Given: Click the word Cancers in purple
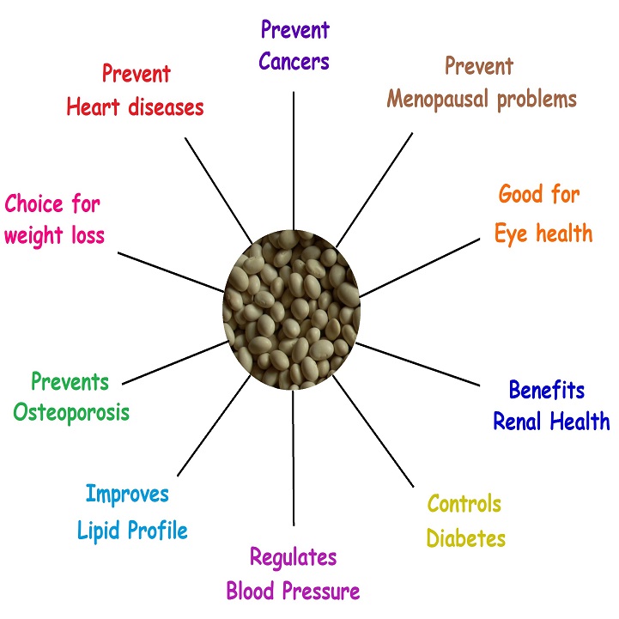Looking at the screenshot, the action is tap(294, 61).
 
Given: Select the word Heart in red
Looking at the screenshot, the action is tap(97, 107).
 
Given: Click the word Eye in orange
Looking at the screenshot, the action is tap(513, 233).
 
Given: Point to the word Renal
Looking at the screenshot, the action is tap(520, 422).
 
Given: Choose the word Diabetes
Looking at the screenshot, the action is tap(465, 538).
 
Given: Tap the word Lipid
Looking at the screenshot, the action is tap(99, 530).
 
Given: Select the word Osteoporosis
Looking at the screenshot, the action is tap(71, 411).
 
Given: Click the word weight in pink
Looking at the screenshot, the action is tap(33, 236).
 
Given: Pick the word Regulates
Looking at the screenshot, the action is tap(294, 557).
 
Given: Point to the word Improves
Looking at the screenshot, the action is tap(127, 495).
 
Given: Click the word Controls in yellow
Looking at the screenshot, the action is tap(464, 503).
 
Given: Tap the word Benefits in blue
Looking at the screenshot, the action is tap(546, 390).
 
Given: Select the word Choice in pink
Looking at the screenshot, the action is tap(33, 203).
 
